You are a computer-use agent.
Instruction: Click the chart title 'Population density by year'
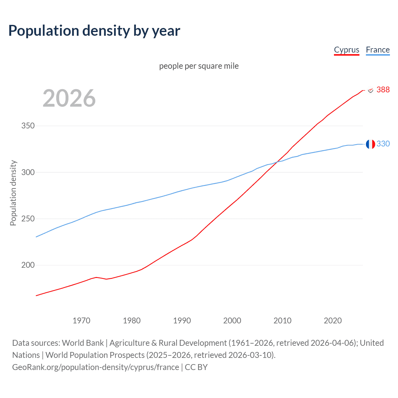94,31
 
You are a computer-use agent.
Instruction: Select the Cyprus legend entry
346,50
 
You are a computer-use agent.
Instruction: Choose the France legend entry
377,50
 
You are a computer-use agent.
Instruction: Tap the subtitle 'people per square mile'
199,66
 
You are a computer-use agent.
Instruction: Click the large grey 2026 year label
69,98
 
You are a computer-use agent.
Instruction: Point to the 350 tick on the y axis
28,126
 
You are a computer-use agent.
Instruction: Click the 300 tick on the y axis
28,172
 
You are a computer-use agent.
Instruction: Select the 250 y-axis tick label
28,219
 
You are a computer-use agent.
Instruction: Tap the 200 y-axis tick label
28,265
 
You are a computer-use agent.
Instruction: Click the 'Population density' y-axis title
13,193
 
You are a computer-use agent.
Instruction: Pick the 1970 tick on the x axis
81,321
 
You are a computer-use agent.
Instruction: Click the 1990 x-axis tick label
182,321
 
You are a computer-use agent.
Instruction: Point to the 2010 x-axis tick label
282,321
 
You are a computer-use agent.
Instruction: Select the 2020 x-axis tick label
333,321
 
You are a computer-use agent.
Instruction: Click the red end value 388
383,90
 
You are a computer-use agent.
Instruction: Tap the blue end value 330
383,144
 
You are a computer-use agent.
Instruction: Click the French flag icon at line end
370,144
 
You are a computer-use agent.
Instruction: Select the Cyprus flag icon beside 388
370,90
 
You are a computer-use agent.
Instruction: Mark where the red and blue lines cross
277,161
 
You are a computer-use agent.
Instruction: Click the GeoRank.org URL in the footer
95,367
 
